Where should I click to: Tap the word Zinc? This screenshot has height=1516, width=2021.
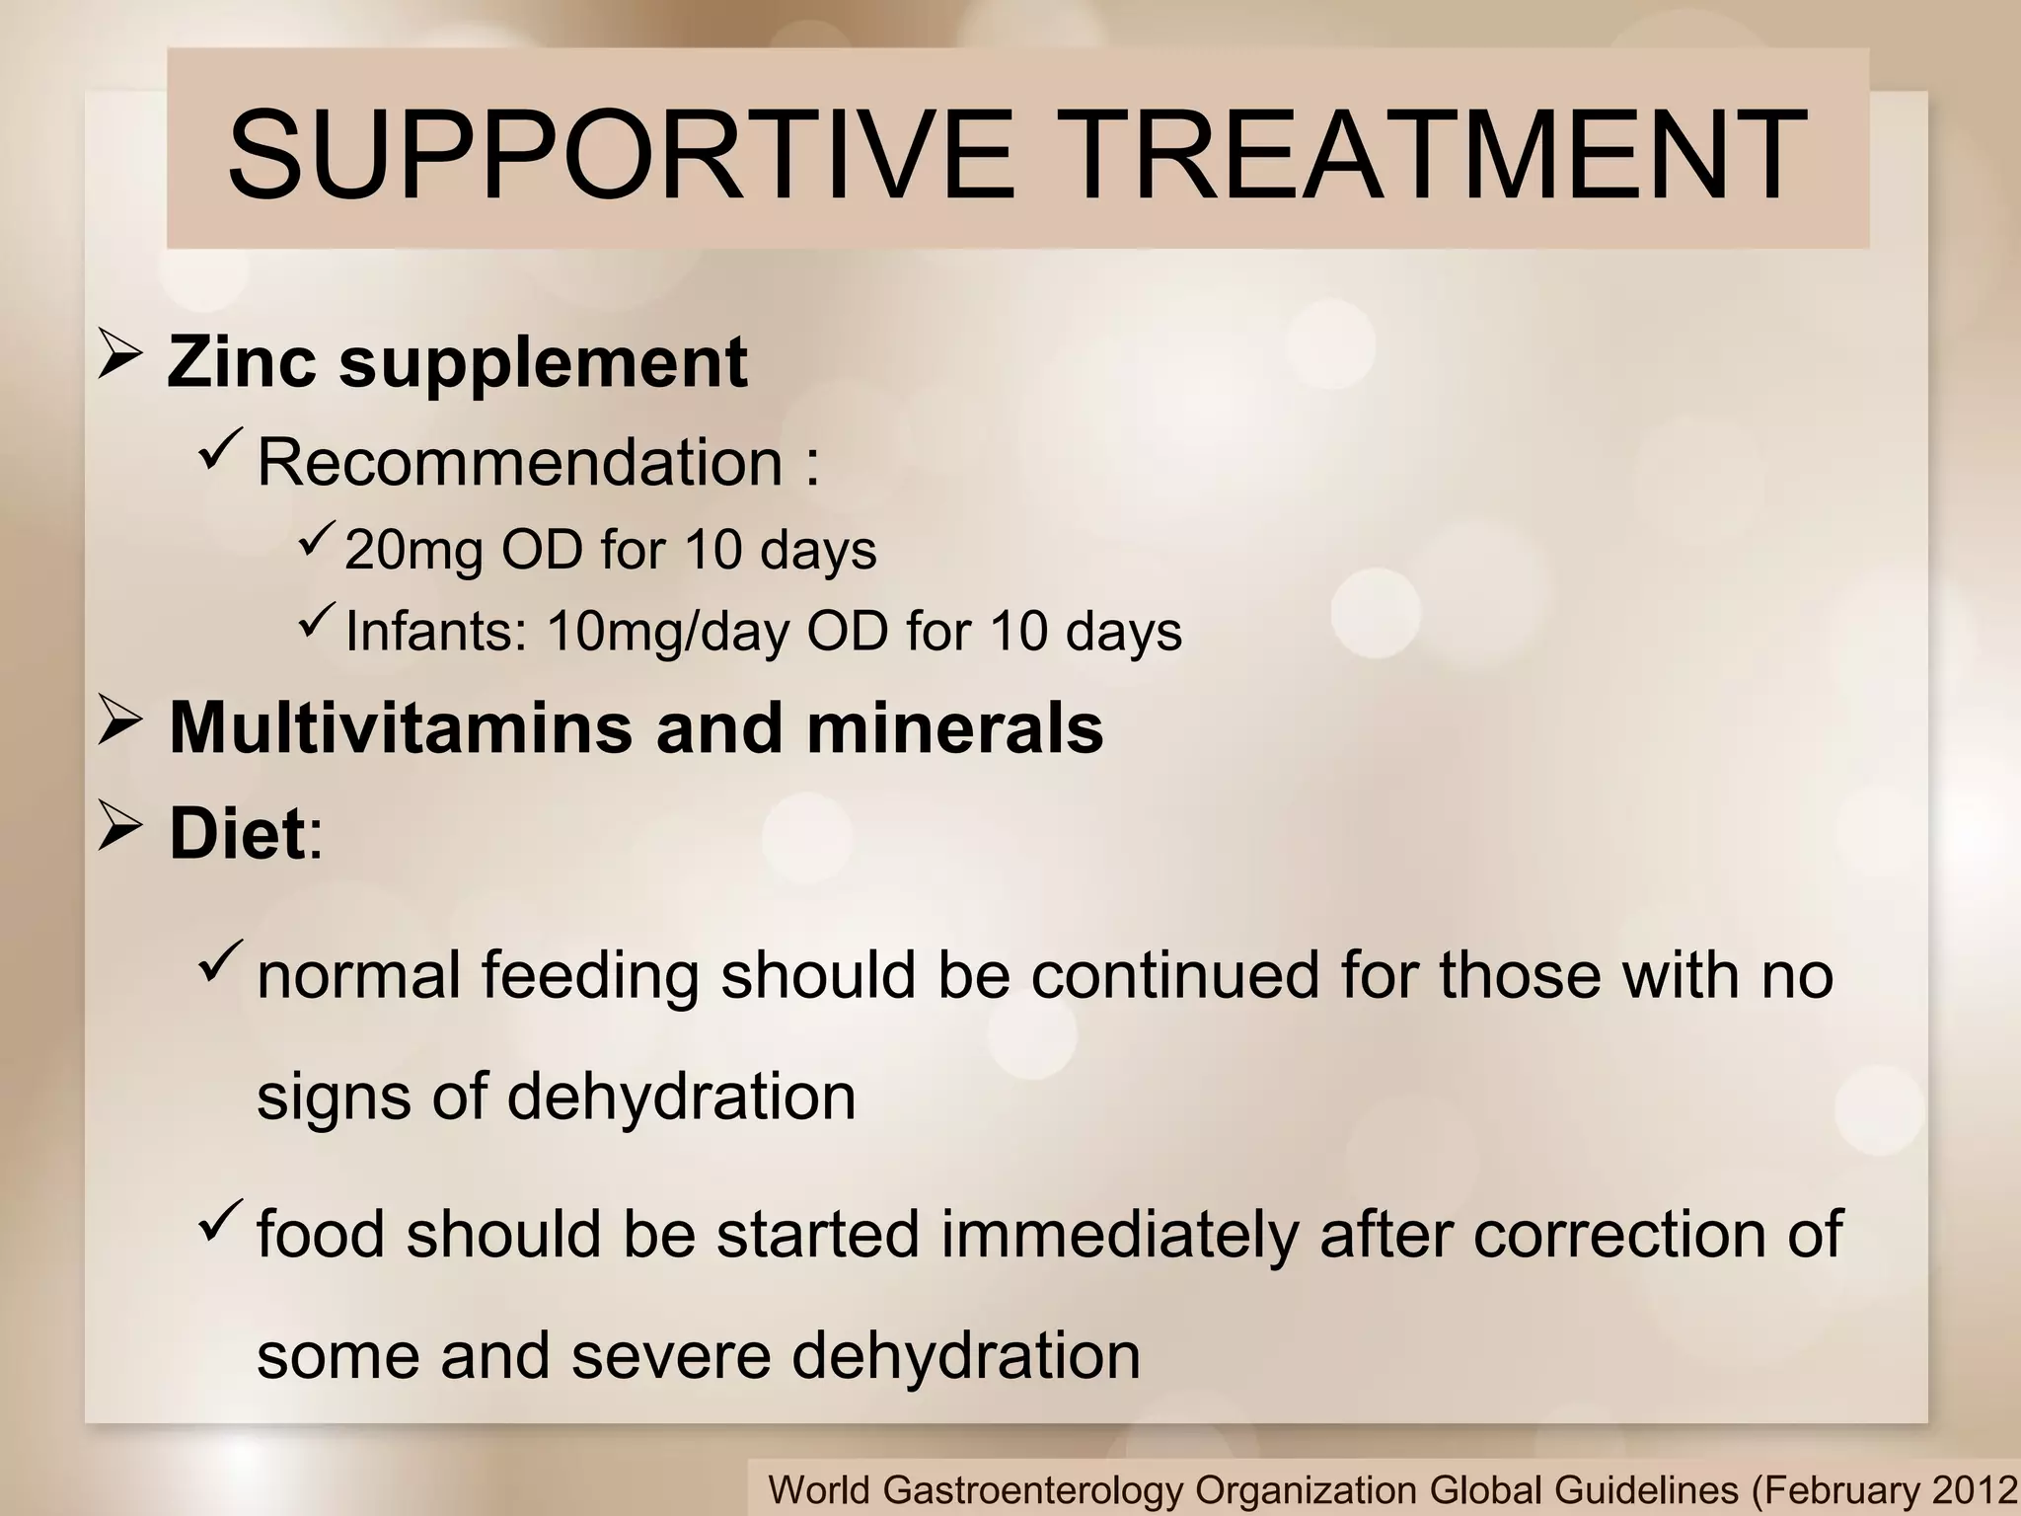click(241, 361)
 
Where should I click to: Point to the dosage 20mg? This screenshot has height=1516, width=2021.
click(413, 550)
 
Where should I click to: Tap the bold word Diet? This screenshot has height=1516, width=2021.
click(237, 834)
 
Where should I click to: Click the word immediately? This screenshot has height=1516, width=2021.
click(1118, 1234)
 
